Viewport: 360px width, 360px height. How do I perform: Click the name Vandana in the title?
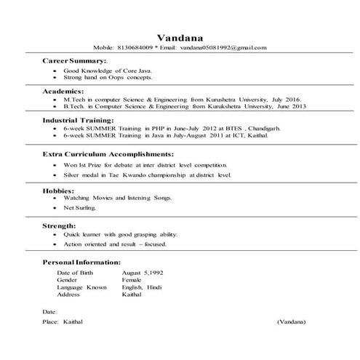pos(180,36)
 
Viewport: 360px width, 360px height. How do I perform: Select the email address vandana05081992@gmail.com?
pos(225,47)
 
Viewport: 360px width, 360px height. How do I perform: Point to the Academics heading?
pos(64,91)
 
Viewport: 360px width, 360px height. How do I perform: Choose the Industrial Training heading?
pos(81,119)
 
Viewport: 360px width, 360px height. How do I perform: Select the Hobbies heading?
pos(60,191)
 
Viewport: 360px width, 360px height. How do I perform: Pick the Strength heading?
pos(60,226)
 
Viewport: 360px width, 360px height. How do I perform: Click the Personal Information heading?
pos(81,261)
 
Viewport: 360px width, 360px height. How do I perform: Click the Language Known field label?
pos(81,287)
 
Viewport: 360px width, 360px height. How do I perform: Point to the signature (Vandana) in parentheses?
pos(291,321)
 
